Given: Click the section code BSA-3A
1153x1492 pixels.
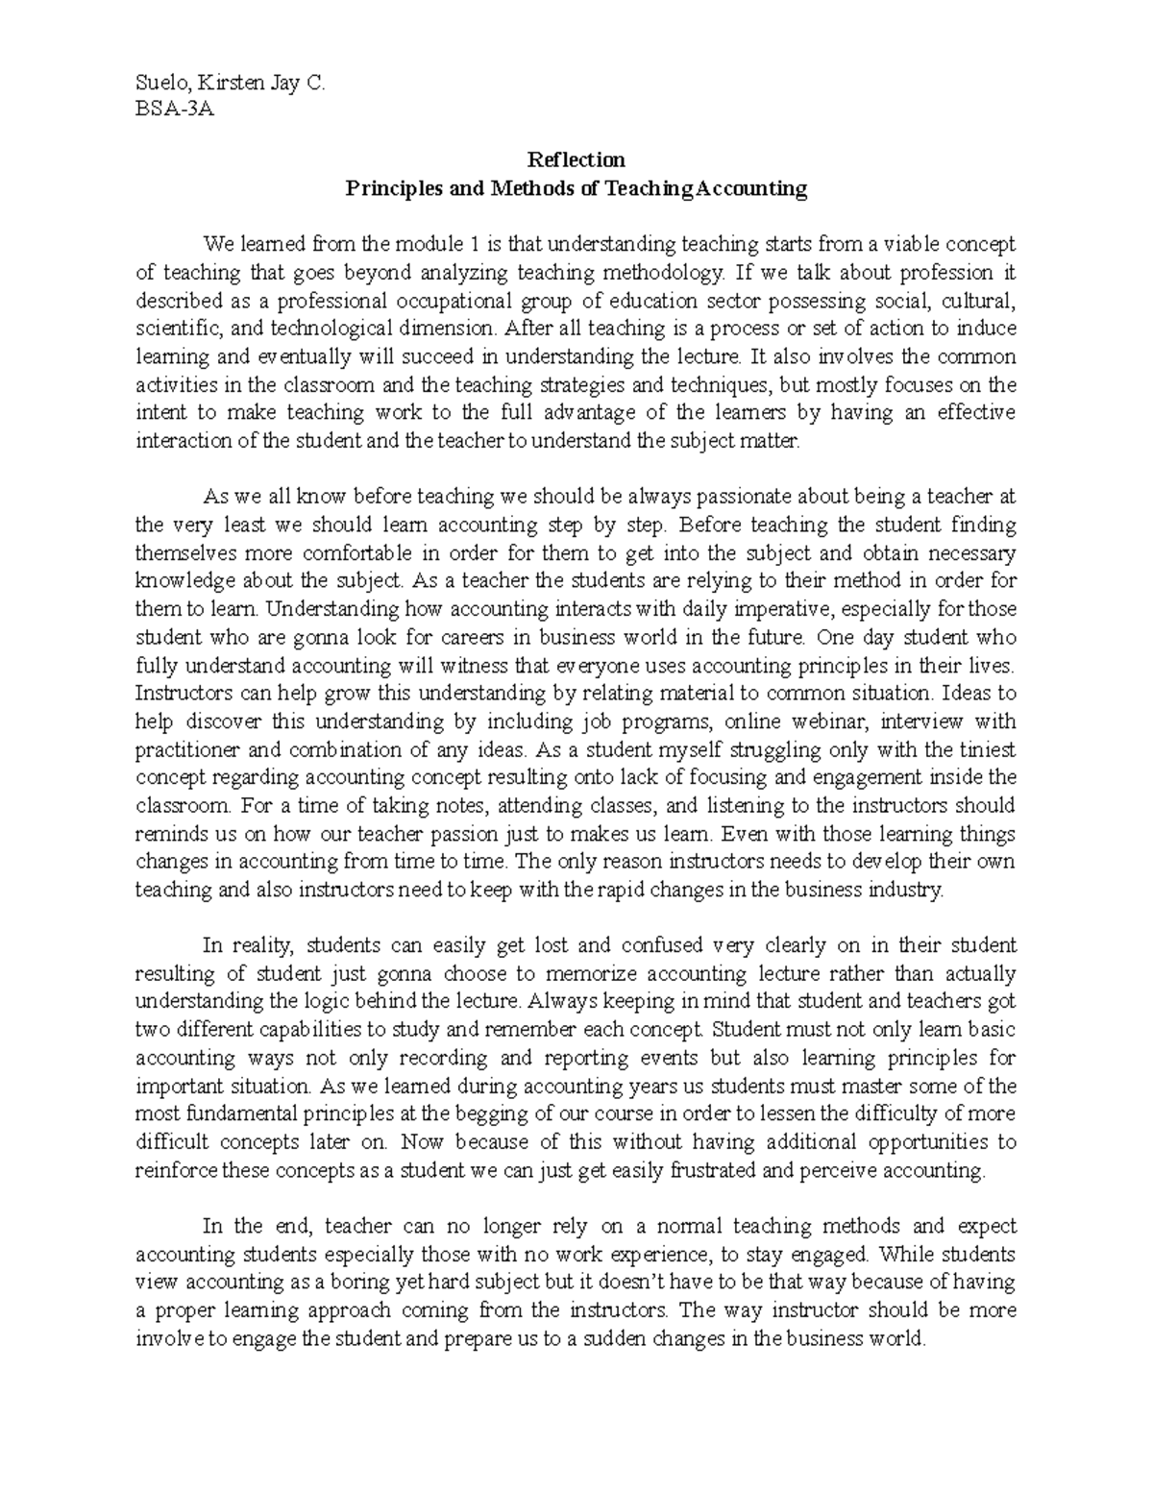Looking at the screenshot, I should (174, 108).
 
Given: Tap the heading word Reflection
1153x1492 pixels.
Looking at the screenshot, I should (576, 159).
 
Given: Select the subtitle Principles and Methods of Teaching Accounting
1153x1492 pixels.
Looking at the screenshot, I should (576, 188).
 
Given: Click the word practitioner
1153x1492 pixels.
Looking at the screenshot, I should (189, 749).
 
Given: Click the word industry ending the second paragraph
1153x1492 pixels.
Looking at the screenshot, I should (909, 890).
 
